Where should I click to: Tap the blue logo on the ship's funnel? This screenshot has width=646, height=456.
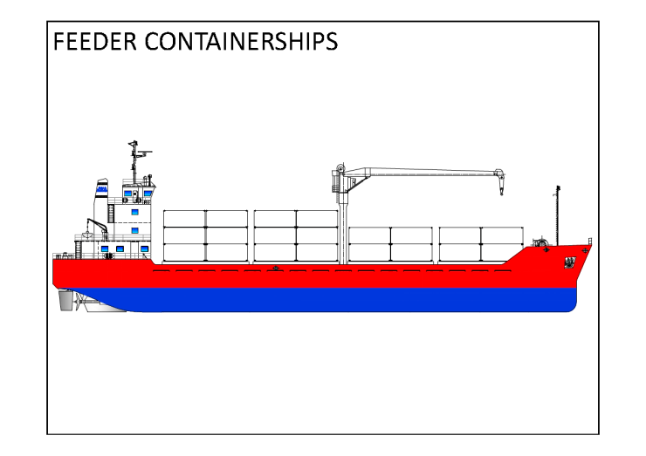pos(102,187)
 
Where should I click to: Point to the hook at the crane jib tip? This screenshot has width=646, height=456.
pos(502,185)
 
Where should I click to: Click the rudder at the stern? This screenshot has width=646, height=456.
pos(65,301)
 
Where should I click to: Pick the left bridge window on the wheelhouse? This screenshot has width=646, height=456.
pos(128,194)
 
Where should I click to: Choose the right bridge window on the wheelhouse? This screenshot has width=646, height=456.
pos(148,194)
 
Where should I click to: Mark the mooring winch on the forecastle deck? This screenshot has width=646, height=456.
pos(542,240)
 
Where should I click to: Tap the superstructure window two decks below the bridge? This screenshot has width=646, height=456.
pos(135,230)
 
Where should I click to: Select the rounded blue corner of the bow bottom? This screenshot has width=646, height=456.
pos(570,305)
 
